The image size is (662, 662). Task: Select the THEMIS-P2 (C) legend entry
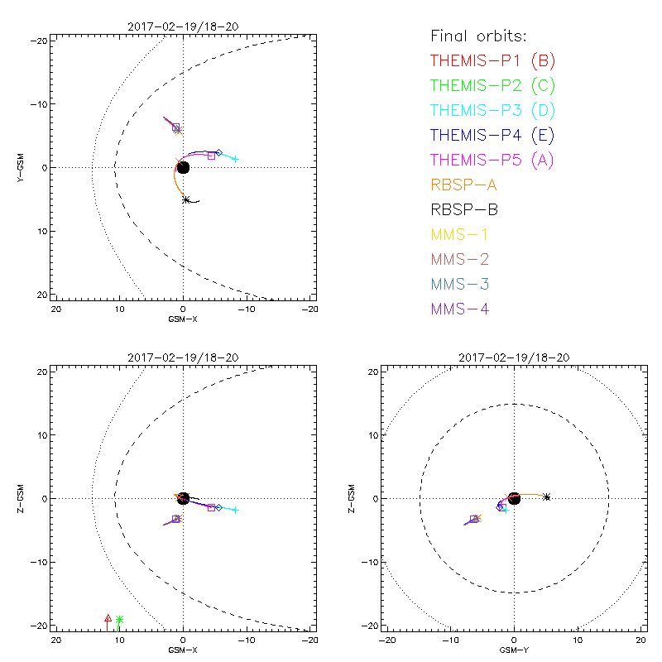492,85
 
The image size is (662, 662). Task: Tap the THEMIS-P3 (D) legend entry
492,110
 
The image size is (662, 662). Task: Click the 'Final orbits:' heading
478,36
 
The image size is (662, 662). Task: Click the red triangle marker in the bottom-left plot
108,618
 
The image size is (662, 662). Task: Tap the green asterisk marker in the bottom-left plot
120,619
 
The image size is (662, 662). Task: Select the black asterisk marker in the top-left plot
186,199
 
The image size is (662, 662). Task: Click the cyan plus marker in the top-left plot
235,159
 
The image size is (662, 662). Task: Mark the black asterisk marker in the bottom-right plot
547,496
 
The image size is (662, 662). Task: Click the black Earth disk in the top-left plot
183,167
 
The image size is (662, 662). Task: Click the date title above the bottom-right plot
514,357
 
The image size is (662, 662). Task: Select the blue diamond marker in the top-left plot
218,153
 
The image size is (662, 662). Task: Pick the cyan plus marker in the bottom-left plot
235,510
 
